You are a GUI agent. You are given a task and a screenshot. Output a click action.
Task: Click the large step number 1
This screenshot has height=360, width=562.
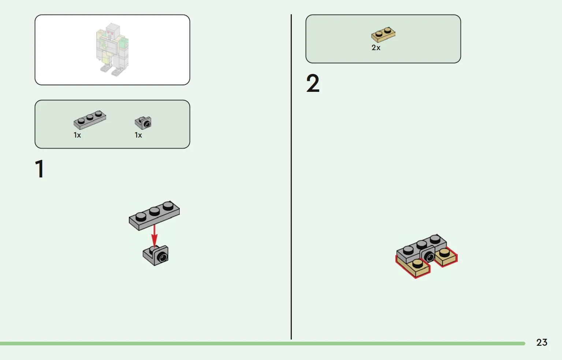coord(40,169)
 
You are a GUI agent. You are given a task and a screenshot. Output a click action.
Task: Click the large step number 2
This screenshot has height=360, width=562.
coord(313,83)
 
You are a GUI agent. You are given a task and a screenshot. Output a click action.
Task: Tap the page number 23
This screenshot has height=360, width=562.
coord(541,342)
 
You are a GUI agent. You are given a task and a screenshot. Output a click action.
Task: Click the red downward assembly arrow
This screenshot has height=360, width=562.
coord(154,236)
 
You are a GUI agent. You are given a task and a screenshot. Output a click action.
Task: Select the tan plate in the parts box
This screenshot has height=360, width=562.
coord(383,35)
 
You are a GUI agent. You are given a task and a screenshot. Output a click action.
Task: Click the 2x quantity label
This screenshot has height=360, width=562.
coord(376,48)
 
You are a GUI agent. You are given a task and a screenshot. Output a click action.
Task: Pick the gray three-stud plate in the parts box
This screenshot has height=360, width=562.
coord(90,120)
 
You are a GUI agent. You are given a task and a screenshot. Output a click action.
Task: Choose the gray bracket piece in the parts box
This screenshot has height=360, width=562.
coord(143,123)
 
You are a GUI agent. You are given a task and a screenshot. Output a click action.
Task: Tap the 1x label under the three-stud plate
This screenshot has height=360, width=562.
coord(77,135)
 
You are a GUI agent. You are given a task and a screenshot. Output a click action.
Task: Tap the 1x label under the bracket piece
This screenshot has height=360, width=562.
coord(138,135)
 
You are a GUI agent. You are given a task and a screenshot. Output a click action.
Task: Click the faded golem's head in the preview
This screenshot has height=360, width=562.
coord(112,30)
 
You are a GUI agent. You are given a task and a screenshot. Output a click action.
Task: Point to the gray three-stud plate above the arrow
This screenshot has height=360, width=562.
coord(154,215)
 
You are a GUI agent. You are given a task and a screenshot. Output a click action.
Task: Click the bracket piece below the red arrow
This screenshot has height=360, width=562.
coord(156,255)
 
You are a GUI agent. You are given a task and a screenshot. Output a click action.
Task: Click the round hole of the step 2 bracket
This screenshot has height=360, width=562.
coord(429,257)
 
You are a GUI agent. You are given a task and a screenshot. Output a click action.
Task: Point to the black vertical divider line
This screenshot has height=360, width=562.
coord(291,177)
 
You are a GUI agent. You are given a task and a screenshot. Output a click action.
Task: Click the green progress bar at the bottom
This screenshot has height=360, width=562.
coord(263,344)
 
